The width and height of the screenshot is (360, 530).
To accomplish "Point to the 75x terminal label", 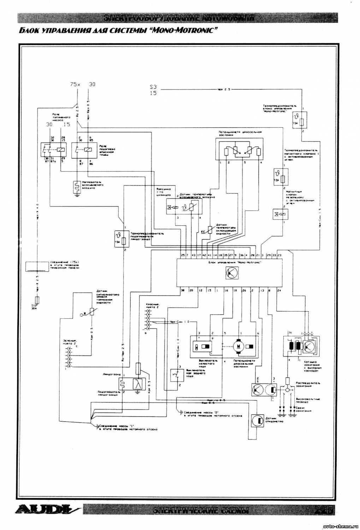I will click(75, 84).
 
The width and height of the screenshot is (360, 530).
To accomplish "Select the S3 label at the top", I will click(153, 87).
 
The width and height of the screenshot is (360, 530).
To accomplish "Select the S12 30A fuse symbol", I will click(38, 300).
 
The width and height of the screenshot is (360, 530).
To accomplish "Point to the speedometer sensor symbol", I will click(258, 420).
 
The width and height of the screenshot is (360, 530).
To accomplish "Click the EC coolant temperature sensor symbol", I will click(209, 230).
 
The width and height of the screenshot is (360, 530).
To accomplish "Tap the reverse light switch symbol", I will click(176, 374).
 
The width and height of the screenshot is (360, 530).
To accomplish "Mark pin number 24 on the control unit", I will click(279, 290).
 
